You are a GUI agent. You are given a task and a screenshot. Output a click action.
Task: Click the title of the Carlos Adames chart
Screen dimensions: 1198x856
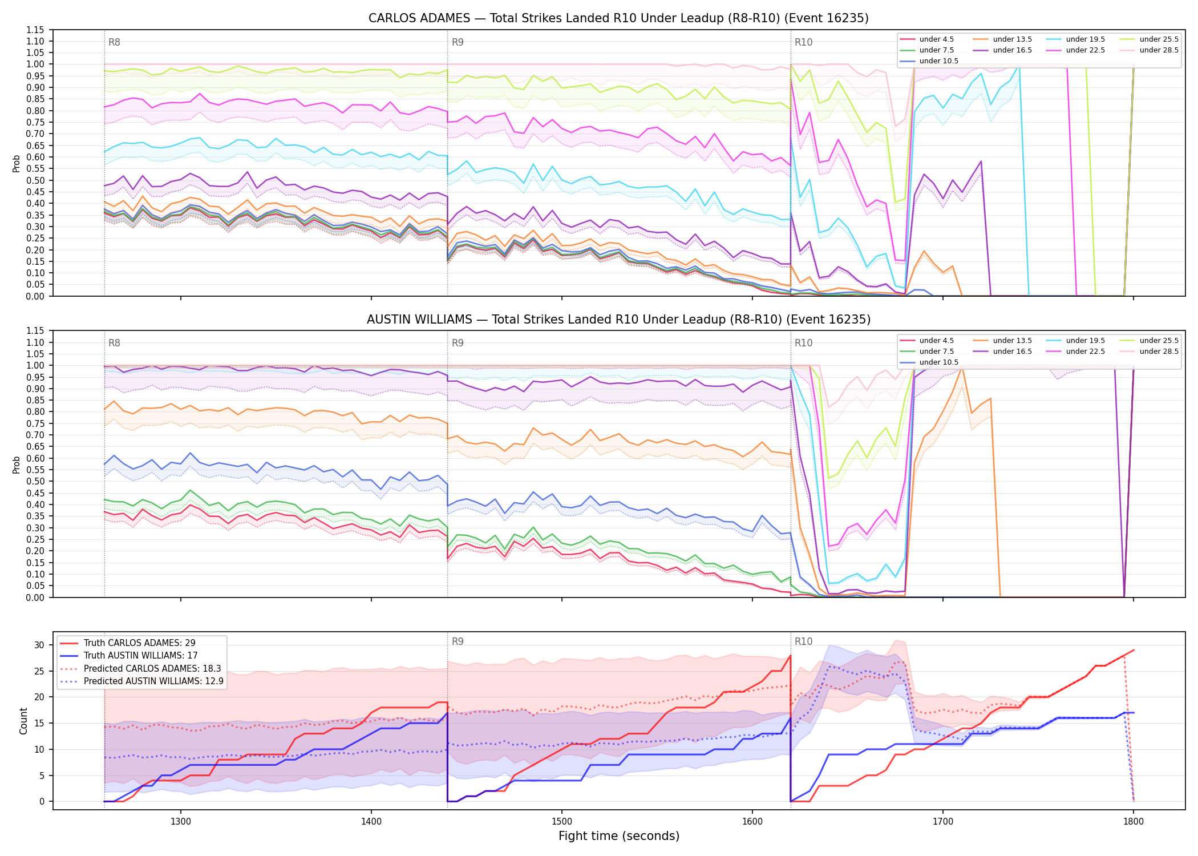[x=618, y=18]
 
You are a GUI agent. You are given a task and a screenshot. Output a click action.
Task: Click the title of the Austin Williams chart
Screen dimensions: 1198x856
[x=618, y=320]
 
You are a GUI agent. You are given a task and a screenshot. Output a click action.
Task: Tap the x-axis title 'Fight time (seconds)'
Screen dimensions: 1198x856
[x=619, y=836]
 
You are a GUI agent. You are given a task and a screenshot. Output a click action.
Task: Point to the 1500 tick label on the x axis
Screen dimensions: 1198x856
[x=562, y=821]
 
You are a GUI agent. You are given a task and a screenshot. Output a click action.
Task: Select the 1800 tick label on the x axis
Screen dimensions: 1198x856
[x=1134, y=821]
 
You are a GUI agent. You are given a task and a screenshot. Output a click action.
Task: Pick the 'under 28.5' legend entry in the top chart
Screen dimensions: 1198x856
[x=1149, y=50]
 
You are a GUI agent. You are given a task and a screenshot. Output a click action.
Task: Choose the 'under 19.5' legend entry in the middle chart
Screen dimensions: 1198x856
[x=1076, y=341]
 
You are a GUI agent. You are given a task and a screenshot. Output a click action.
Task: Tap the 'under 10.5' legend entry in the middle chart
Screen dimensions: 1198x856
[x=929, y=362]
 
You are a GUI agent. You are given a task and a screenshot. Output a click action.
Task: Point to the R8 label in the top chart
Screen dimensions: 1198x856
[x=114, y=42]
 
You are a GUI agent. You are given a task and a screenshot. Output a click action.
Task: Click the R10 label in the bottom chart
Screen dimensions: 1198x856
[x=804, y=641]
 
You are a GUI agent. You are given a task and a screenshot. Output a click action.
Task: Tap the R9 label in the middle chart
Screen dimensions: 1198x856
[x=458, y=343]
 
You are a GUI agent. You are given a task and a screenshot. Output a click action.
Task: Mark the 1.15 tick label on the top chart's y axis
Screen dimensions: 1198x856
[x=35, y=30]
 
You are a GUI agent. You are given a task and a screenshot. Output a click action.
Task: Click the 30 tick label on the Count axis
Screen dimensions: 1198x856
[x=39, y=645]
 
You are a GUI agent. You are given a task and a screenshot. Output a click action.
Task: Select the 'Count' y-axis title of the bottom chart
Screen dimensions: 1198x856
[x=23, y=721]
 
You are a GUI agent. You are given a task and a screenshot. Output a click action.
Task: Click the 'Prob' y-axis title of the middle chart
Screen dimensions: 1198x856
[x=17, y=465]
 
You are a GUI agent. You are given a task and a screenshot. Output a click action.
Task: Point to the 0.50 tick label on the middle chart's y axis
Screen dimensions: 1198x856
[x=35, y=482]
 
